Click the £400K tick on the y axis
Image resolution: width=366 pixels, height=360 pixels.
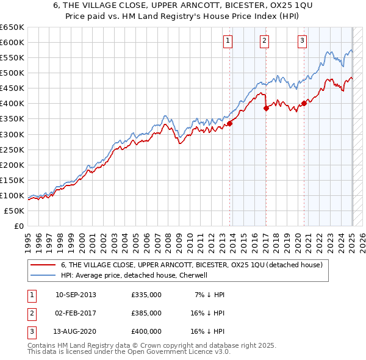click(12, 104)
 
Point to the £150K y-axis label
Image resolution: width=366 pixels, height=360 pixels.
click(12, 180)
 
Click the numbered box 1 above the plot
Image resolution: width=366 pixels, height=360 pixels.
click(227, 41)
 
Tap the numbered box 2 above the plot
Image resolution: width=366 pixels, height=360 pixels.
click(264, 41)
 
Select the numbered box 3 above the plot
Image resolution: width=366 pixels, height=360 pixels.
click(302, 41)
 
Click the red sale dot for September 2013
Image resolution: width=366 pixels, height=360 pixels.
click(230, 123)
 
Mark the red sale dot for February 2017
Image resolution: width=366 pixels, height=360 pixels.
click(266, 108)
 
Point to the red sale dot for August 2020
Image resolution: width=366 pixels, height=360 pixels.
click(304, 103)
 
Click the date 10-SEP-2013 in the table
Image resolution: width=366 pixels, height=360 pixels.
click(76, 295)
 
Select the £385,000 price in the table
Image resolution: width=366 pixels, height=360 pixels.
click(146, 313)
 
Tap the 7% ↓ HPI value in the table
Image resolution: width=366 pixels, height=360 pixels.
click(209, 295)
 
